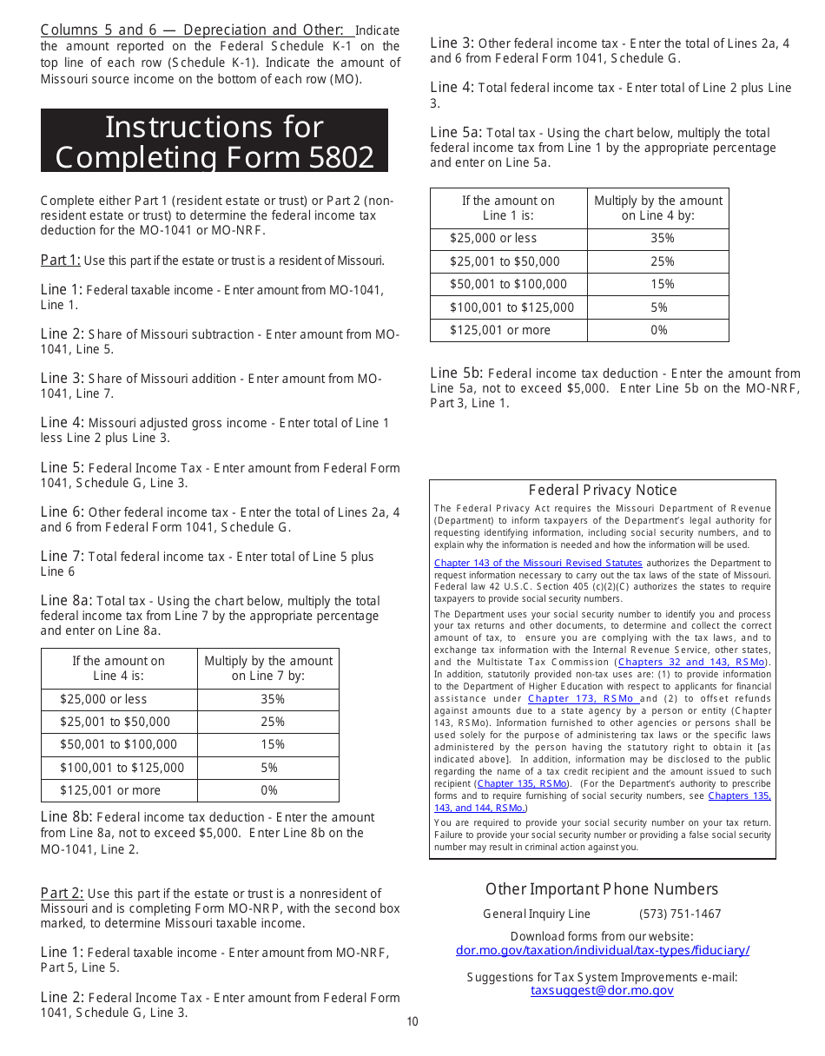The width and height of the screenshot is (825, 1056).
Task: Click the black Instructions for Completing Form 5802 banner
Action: (214, 141)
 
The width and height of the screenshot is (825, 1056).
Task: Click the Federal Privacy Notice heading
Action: (602, 491)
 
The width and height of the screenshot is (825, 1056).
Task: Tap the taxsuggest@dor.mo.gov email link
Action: (602, 990)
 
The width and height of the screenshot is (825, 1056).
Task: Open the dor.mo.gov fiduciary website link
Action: (602, 950)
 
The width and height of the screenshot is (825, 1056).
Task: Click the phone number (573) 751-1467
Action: (680, 914)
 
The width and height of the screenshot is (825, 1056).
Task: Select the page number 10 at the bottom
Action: (412, 1021)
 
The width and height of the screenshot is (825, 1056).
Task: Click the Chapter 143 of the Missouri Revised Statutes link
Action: (538, 563)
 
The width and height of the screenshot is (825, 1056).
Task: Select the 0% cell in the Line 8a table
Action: (269, 790)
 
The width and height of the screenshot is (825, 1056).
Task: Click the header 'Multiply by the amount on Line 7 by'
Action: (268, 668)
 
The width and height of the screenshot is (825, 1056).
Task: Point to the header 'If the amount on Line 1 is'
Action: (508, 208)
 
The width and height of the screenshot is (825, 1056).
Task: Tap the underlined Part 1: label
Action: (60, 260)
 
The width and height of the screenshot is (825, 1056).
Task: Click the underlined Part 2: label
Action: (62, 893)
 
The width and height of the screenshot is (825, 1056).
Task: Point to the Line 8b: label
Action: (66, 817)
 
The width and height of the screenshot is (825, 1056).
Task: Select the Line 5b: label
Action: (456, 373)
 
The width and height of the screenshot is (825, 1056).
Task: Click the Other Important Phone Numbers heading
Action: (602, 889)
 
